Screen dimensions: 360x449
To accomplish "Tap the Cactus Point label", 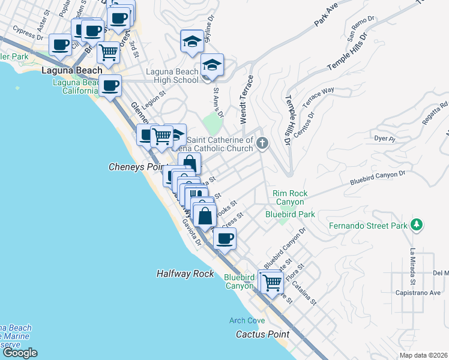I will [x=262, y=334].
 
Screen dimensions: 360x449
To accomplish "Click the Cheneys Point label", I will [x=136, y=167].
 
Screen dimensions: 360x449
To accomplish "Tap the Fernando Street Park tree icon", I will [x=415, y=226].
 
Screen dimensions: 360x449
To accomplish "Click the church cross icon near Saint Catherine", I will [x=262, y=143].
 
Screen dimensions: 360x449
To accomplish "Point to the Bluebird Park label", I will [x=291, y=214].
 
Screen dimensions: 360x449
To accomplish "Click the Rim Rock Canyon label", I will [x=290, y=197].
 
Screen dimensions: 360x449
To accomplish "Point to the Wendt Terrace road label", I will [x=247, y=100].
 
